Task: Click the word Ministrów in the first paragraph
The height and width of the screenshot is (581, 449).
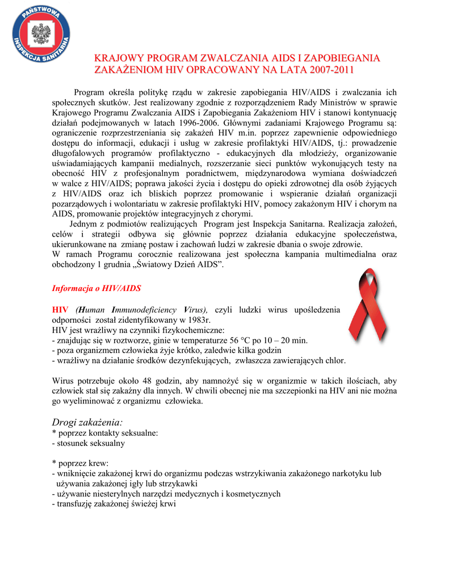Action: tap(341, 103)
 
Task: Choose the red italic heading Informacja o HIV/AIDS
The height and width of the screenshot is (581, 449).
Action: tap(96, 288)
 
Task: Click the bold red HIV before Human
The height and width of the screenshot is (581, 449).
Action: tap(60, 309)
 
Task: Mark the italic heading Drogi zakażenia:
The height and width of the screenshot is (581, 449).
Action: tap(87, 422)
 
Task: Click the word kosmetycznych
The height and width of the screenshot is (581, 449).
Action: tap(256, 494)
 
